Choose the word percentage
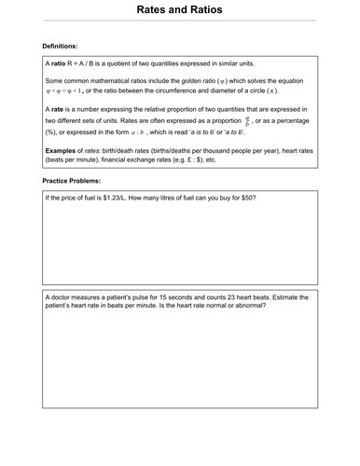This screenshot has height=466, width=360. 298,121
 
